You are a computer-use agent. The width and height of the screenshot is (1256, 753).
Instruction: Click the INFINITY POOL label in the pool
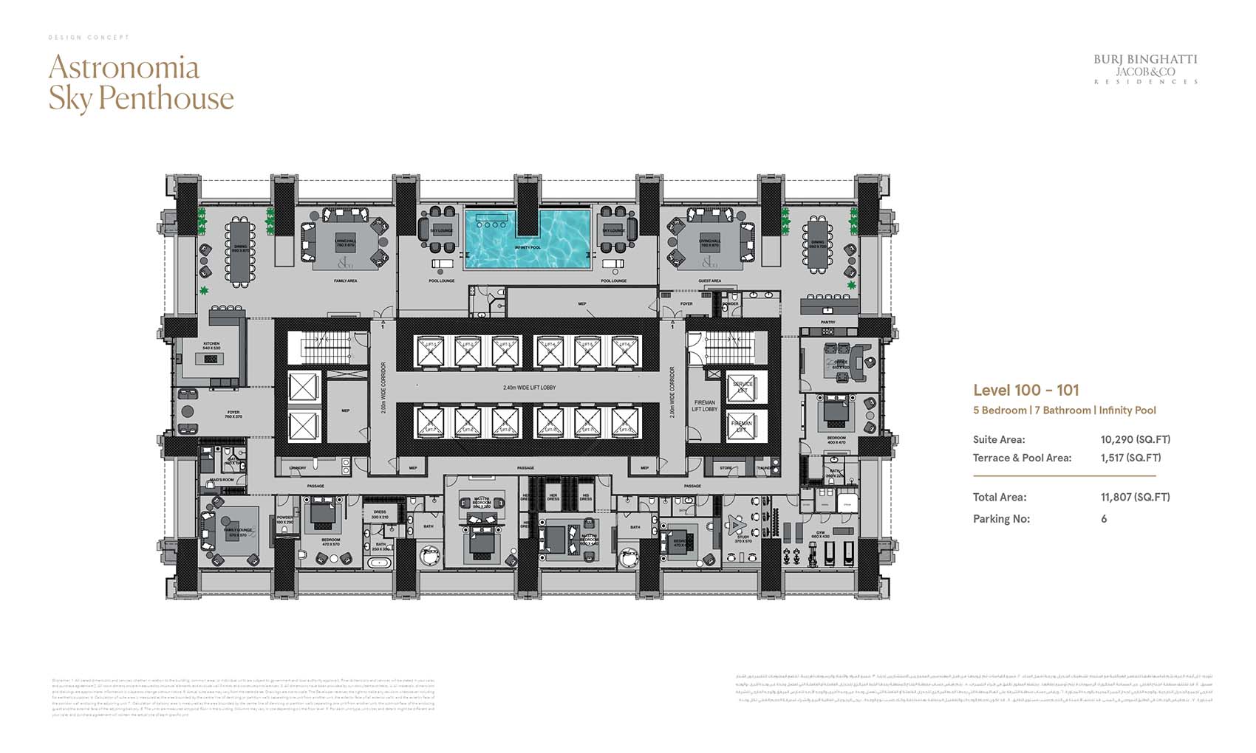(x=528, y=248)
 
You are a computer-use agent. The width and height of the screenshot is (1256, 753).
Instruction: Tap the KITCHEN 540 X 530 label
(x=212, y=345)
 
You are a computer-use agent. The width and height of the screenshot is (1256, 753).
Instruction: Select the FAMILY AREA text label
(x=346, y=281)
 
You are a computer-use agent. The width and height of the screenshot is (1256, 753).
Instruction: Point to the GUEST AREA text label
(x=709, y=281)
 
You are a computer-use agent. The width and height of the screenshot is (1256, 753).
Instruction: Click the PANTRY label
(x=827, y=323)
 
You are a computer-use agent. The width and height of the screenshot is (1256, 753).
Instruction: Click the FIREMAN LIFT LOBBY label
(x=704, y=405)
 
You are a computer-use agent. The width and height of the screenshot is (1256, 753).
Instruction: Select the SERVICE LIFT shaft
(x=743, y=386)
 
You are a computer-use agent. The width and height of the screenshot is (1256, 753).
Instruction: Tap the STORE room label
(x=726, y=468)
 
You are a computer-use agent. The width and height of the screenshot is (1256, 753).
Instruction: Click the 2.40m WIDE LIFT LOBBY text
(x=529, y=388)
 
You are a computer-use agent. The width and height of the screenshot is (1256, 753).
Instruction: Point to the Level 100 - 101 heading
(x=1025, y=391)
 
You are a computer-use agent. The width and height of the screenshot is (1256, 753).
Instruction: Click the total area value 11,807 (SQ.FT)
(x=1135, y=498)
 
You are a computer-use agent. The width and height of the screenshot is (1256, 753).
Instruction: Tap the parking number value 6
(x=1104, y=519)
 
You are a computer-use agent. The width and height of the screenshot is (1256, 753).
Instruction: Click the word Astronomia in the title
(x=124, y=68)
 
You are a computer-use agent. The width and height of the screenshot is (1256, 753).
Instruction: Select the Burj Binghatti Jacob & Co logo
(x=1145, y=69)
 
